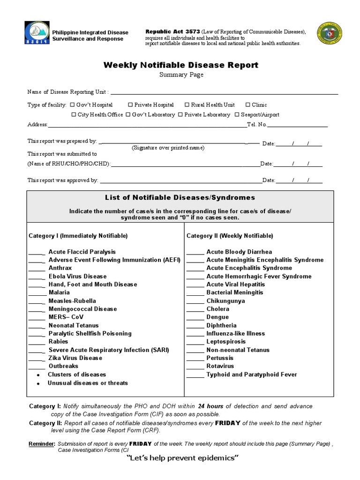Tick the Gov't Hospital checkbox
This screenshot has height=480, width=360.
click(x=73, y=105)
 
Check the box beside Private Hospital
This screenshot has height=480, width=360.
click(x=131, y=105)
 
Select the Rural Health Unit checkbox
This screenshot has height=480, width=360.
click(x=187, y=105)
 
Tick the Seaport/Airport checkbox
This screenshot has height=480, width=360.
click(x=237, y=114)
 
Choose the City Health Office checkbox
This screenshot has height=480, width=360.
click(x=74, y=114)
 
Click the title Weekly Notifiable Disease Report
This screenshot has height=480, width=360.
click(x=180, y=65)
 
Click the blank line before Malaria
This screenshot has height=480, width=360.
click(x=37, y=293)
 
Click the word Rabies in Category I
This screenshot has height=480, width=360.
click(x=58, y=342)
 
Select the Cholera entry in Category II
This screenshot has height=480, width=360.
click(x=217, y=309)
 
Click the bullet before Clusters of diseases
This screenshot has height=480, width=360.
click(x=37, y=375)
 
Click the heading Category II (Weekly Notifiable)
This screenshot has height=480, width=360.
click(x=230, y=236)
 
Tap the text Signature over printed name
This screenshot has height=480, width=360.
click(x=168, y=148)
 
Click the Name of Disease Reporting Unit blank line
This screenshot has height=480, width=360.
click(x=224, y=93)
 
